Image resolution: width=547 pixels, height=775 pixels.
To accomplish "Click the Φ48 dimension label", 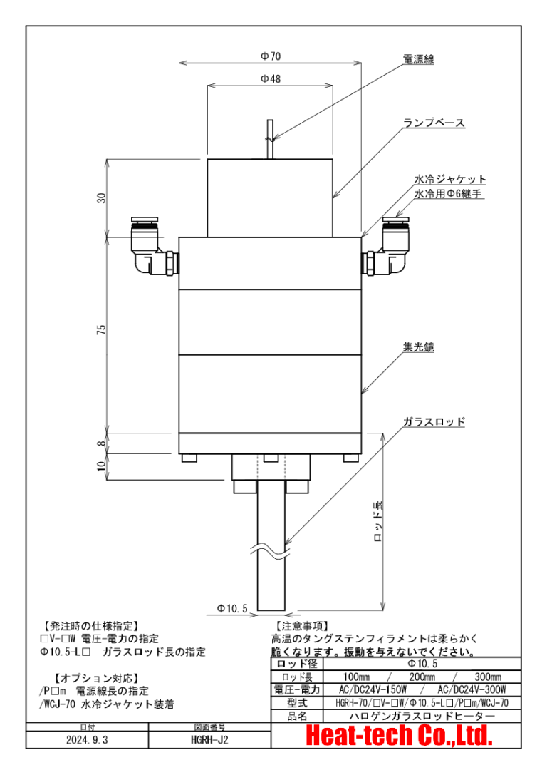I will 270,78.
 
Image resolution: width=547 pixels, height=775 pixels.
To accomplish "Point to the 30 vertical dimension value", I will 102,198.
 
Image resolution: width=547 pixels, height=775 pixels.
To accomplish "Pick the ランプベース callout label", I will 434,123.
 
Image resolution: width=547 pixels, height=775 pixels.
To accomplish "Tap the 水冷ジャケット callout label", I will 450,179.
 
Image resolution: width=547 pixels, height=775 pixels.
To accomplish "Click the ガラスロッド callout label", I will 434,421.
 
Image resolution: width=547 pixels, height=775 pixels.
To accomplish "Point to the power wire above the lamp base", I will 269,138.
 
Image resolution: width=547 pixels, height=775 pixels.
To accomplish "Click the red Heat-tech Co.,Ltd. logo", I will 399,736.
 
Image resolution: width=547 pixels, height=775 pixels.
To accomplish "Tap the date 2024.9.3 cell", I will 88,739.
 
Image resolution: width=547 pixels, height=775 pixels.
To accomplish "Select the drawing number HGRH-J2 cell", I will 210,739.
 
